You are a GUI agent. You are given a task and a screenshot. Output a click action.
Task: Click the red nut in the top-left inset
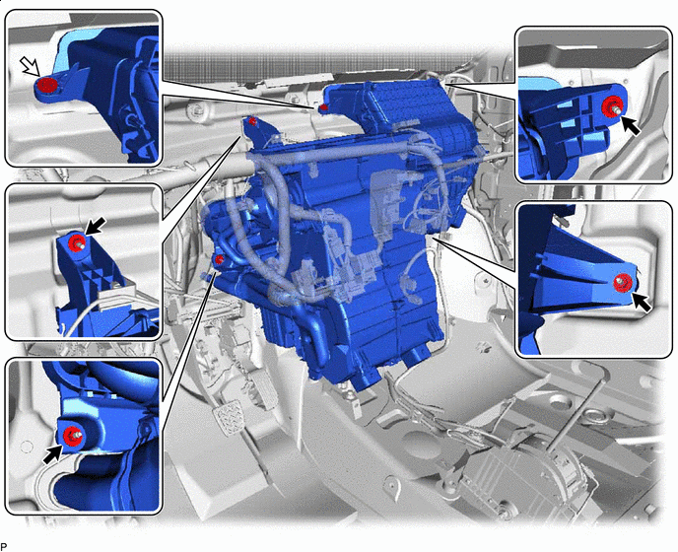click(x=47, y=85)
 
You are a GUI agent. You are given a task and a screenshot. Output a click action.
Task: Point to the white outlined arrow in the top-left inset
click(x=30, y=67)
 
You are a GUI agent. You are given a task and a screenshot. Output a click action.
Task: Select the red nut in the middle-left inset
click(x=77, y=241)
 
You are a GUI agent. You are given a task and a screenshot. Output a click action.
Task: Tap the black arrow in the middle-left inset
click(x=96, y=226)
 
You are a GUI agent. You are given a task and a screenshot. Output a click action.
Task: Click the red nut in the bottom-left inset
click(x=71, y=435)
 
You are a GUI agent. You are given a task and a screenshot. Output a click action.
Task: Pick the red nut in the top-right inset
click(x=611, y=106)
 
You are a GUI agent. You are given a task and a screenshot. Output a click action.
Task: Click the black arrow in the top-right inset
click(x=631, y=125)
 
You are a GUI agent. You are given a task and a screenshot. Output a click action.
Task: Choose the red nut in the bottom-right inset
click(x=623, y=283)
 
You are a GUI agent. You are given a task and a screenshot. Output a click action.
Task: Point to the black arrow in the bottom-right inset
click(x=642, y=301)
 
